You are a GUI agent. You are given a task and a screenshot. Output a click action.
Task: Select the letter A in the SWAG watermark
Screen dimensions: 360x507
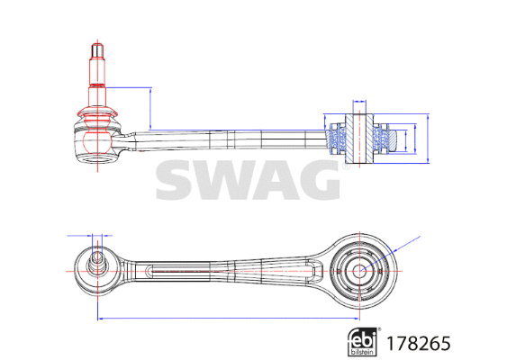coord(275,181)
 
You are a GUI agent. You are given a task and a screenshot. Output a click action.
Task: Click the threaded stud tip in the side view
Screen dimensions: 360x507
coord(95,48)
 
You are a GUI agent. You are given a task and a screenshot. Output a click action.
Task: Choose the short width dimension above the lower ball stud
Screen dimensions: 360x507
coord(95,235)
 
